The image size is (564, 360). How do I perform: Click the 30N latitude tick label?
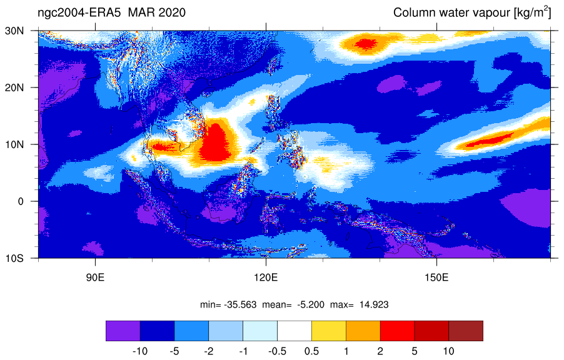[x=14, y=31]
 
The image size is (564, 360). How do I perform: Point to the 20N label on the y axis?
[x=14, y=87]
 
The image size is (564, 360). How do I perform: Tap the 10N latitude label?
[x=14, y=144]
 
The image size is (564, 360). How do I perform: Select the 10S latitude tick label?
[x=14, y=258]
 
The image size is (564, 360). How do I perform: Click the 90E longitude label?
[x=95, y=277]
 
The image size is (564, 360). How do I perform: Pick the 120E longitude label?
[x=266, y=277]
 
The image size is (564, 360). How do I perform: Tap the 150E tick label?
[x=436, y=277]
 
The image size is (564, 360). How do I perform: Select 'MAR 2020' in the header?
[x=157, y=12]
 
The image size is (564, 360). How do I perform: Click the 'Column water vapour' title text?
[x=452, y=13]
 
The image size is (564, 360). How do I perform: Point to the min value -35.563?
[x=240, y=305]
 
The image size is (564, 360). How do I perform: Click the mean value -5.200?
[x=310, y=305]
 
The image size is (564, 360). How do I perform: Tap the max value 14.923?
[x=374, y=305]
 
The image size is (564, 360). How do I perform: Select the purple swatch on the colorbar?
[x=123, y=331]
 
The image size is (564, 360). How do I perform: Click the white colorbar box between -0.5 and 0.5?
[x=295, y=331]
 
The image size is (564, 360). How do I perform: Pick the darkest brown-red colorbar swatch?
[x=466, y=331]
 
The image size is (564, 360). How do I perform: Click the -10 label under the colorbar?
[x=140, y=351]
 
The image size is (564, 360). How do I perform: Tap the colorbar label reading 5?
[x=415, y=351]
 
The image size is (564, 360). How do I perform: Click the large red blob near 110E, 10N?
[x=215, y=142]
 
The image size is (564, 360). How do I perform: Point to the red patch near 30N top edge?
[x=366, y=44]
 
